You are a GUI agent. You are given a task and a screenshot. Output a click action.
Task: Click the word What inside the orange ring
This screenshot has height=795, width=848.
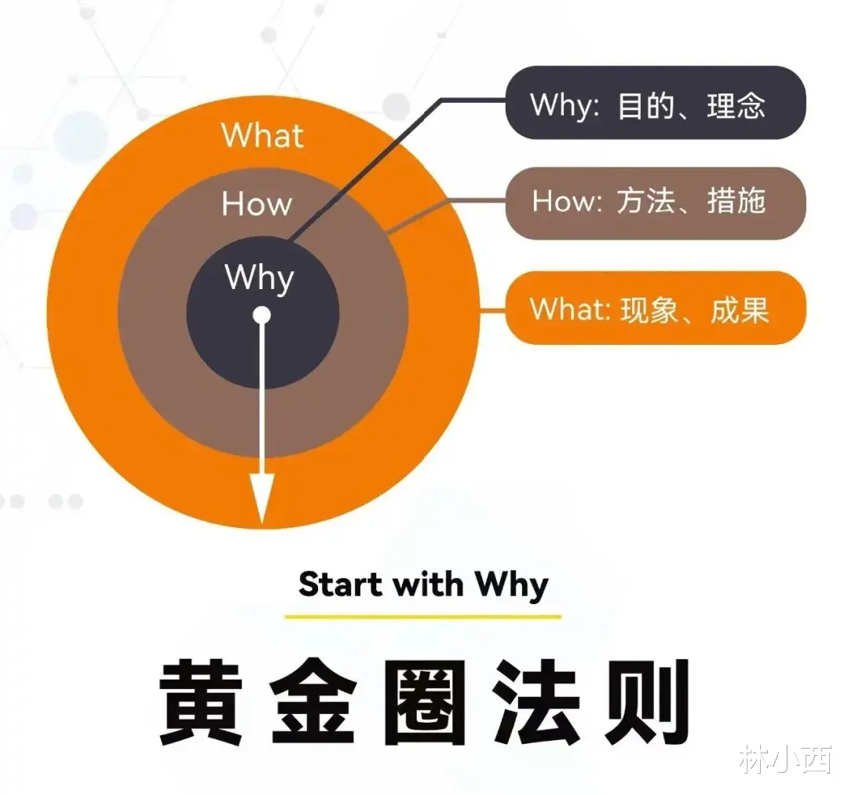tap(262, 135)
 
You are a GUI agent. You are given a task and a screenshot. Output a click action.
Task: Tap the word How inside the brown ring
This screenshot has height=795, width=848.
tap(257, 204)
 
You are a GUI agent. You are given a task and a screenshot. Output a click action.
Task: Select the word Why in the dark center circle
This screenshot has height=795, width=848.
tap(260, 279)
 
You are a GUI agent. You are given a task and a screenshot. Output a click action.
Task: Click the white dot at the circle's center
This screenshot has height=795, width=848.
tap(262, 316)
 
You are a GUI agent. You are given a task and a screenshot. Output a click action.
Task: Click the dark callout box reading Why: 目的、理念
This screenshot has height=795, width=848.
tap(655, 103)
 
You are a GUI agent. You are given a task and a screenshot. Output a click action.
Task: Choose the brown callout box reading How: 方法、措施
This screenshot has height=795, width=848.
tap(655, 203)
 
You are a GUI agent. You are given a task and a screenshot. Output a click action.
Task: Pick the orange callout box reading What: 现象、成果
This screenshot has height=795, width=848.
tap(655, 308)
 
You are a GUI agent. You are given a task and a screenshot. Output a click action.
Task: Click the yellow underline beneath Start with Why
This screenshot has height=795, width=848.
tap(422, 617)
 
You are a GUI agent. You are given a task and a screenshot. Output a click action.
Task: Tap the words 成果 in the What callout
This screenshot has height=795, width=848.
tap(739, 309)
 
